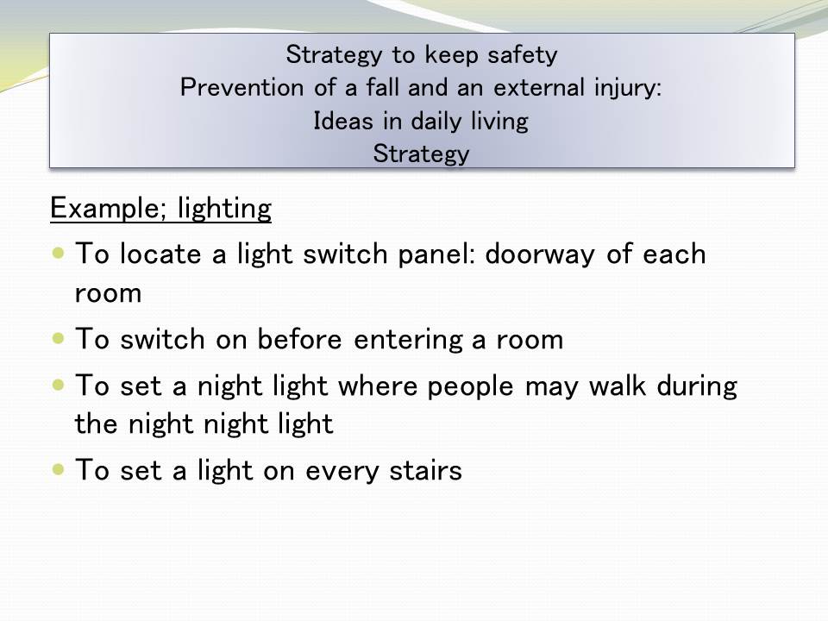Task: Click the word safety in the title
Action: (522, 55)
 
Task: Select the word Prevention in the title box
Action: (241, 87)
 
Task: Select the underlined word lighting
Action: (224, 208)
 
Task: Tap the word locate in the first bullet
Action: (160, 254)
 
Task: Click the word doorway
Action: (540, 254)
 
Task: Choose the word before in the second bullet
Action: (299, 338)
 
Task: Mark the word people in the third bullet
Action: (470, 386)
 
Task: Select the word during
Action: (697, 386)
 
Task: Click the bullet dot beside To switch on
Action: (58, 338)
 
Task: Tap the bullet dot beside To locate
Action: (58, 253)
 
